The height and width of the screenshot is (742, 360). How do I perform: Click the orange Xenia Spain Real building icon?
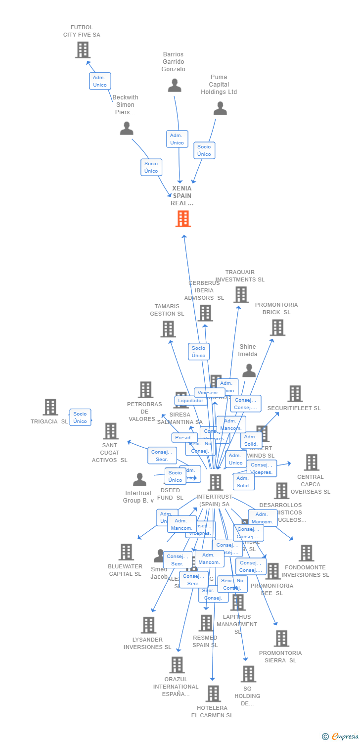point(183,219)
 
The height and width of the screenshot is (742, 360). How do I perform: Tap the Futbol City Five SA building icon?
point(83,50)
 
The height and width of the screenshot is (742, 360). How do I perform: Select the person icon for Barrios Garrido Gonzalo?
point(175,86)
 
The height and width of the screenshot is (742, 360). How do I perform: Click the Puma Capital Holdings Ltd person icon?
point(220,108)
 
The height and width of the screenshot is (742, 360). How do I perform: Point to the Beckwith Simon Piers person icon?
point(127,129)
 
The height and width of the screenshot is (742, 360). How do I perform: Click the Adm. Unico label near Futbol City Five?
point(100,81)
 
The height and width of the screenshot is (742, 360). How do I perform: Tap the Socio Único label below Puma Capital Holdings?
point(204,150)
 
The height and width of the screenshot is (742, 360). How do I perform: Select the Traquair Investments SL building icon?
point(241,295)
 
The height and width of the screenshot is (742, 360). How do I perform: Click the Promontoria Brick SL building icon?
point(277,327)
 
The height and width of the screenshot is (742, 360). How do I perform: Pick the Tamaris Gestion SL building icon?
point(168,329)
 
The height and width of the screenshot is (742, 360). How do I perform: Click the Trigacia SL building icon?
point(50,407)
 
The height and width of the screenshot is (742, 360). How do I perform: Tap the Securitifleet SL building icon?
point(295,394)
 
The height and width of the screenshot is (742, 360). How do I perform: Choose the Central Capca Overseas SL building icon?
point(311,463)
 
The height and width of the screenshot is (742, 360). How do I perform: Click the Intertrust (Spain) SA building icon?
point(216,482)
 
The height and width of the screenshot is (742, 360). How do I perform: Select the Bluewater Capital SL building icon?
point(126,552)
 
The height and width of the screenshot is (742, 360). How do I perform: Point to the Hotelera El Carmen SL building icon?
point(213,694)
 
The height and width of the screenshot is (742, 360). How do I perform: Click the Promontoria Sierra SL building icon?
point(281,639)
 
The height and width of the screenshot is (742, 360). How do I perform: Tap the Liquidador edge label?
point(191,401)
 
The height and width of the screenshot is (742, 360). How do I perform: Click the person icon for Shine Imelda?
point(249,371)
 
